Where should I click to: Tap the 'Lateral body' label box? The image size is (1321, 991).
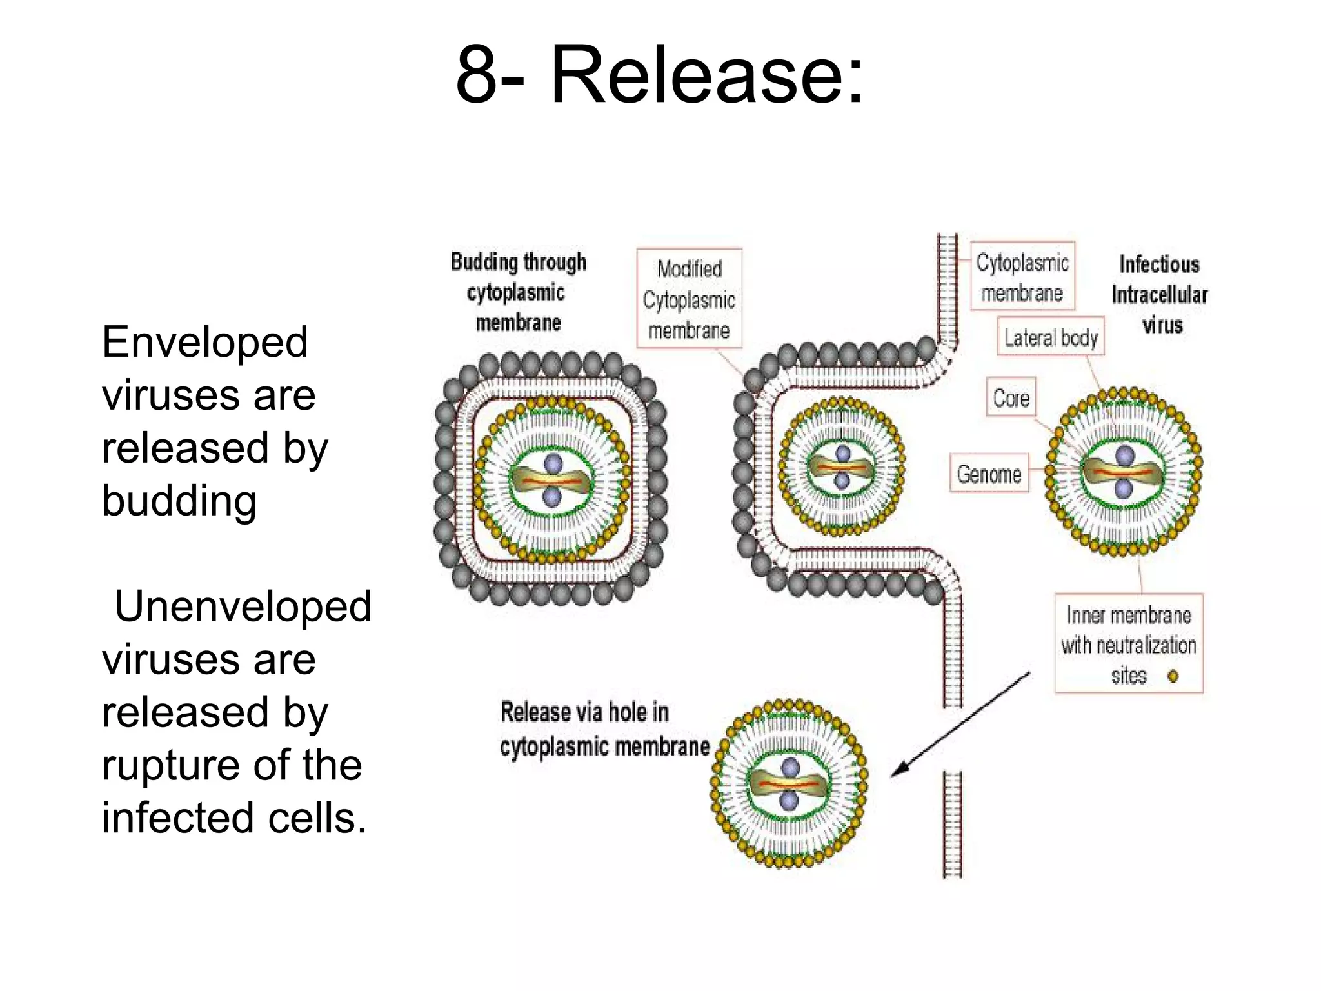(x=1051, y=337)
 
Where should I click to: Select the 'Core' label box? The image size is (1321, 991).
(x=1011, y=397)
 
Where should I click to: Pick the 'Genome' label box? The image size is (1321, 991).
(x=989, y=474)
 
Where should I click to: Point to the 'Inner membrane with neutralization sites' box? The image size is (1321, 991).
(x=1128, y=644)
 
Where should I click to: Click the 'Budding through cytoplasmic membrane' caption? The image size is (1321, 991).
(x=519, y=292)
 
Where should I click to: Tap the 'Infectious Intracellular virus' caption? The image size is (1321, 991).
(x=1160, y=294)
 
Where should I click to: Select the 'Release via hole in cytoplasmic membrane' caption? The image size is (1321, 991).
(x=604, y=729)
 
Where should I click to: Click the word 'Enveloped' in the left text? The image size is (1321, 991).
(x=204, y=342)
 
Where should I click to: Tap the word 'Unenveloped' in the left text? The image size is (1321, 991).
(x=243, y=606)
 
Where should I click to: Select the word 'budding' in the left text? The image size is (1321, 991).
(x=179, y=501)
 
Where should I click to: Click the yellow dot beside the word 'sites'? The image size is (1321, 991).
(x=1173, y=676)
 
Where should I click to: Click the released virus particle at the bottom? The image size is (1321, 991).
(x=790, y=783)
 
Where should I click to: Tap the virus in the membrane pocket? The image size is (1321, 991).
(x=841, y=466)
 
